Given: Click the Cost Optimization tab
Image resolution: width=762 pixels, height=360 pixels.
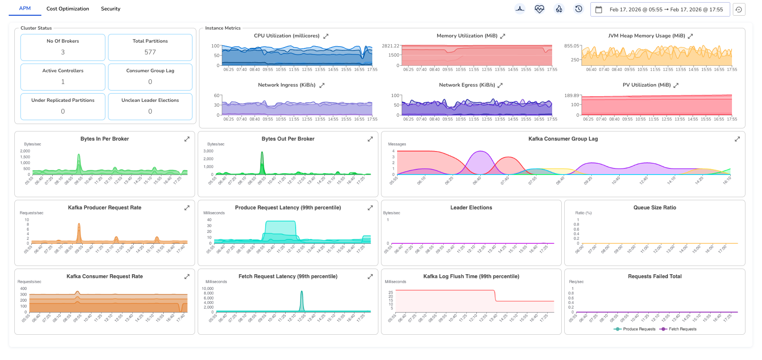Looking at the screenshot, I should point(67,9).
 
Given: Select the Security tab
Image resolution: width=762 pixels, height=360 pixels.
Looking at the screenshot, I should point(111,9).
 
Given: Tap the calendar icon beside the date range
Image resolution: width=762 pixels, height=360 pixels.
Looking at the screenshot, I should point(599,10).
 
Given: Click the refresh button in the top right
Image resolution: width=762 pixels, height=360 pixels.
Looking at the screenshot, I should point(739,10).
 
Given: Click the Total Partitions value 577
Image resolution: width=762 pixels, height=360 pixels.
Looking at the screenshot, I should point(150,52).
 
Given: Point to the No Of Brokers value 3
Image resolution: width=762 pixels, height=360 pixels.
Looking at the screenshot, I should point(63,52).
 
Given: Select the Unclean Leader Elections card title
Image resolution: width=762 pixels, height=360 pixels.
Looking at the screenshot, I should point(150,100).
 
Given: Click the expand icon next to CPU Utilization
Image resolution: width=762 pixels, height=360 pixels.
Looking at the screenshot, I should point(326,36).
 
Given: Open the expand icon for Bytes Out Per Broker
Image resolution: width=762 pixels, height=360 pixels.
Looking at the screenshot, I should point(370,139).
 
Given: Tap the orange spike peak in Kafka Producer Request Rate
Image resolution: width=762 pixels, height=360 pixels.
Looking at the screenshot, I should point(79,225).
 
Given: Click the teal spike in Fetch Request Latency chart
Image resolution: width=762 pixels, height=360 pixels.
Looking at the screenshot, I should point(302,293).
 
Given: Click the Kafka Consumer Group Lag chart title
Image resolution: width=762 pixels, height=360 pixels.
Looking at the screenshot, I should point(563,139).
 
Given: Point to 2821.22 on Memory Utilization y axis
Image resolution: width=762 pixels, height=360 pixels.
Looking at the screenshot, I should point(390,46).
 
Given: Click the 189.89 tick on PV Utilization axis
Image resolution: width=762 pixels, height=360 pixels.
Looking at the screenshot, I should point(571,95).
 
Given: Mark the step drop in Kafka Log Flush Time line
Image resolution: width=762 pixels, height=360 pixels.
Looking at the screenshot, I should point(495,296).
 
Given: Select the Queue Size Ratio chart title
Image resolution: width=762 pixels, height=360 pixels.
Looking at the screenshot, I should point(654,208).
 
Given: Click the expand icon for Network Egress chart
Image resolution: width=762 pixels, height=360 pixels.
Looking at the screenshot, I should point(500,85).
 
